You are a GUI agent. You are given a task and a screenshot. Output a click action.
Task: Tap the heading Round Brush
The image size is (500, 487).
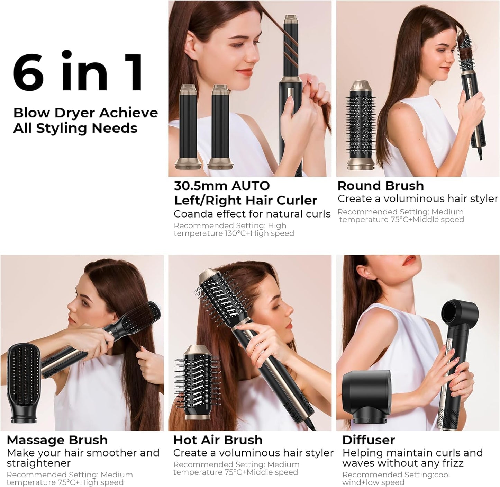(380, 186)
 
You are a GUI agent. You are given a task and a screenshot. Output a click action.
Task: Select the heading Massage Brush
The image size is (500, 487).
(57, 440)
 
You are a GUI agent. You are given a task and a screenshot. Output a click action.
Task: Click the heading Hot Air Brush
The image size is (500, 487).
(218, 440)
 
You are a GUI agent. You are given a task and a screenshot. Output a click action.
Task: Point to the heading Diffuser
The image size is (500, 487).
(368, 440)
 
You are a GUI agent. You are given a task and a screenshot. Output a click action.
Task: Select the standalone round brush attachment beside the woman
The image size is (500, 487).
(362, 126)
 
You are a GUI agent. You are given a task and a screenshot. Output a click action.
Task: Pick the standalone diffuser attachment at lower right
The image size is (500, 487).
(366, 390)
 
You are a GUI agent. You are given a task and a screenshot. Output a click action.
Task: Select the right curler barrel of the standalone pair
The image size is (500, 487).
(221, 126)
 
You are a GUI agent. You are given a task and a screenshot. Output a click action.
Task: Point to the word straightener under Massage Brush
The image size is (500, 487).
(38, 463)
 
